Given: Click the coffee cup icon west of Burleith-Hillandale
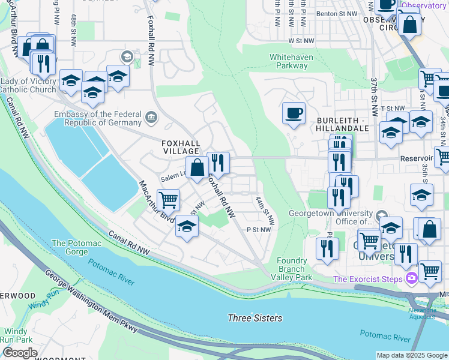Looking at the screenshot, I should (294, 113).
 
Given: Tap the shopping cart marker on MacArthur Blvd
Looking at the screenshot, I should (169, 200).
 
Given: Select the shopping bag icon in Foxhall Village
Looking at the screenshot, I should (197, 169).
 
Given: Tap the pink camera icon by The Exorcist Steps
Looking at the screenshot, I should (412, 278).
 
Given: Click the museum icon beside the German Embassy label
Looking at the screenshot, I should (151, 115).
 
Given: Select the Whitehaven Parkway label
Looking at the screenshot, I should (288, 61).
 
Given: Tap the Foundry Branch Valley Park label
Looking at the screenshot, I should (295, 269).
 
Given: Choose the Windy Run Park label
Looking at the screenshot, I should (16, 335).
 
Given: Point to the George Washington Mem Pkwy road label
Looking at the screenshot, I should (91, 301).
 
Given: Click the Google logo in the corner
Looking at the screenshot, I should (20, 353).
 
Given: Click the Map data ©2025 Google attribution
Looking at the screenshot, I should (411, 355).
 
